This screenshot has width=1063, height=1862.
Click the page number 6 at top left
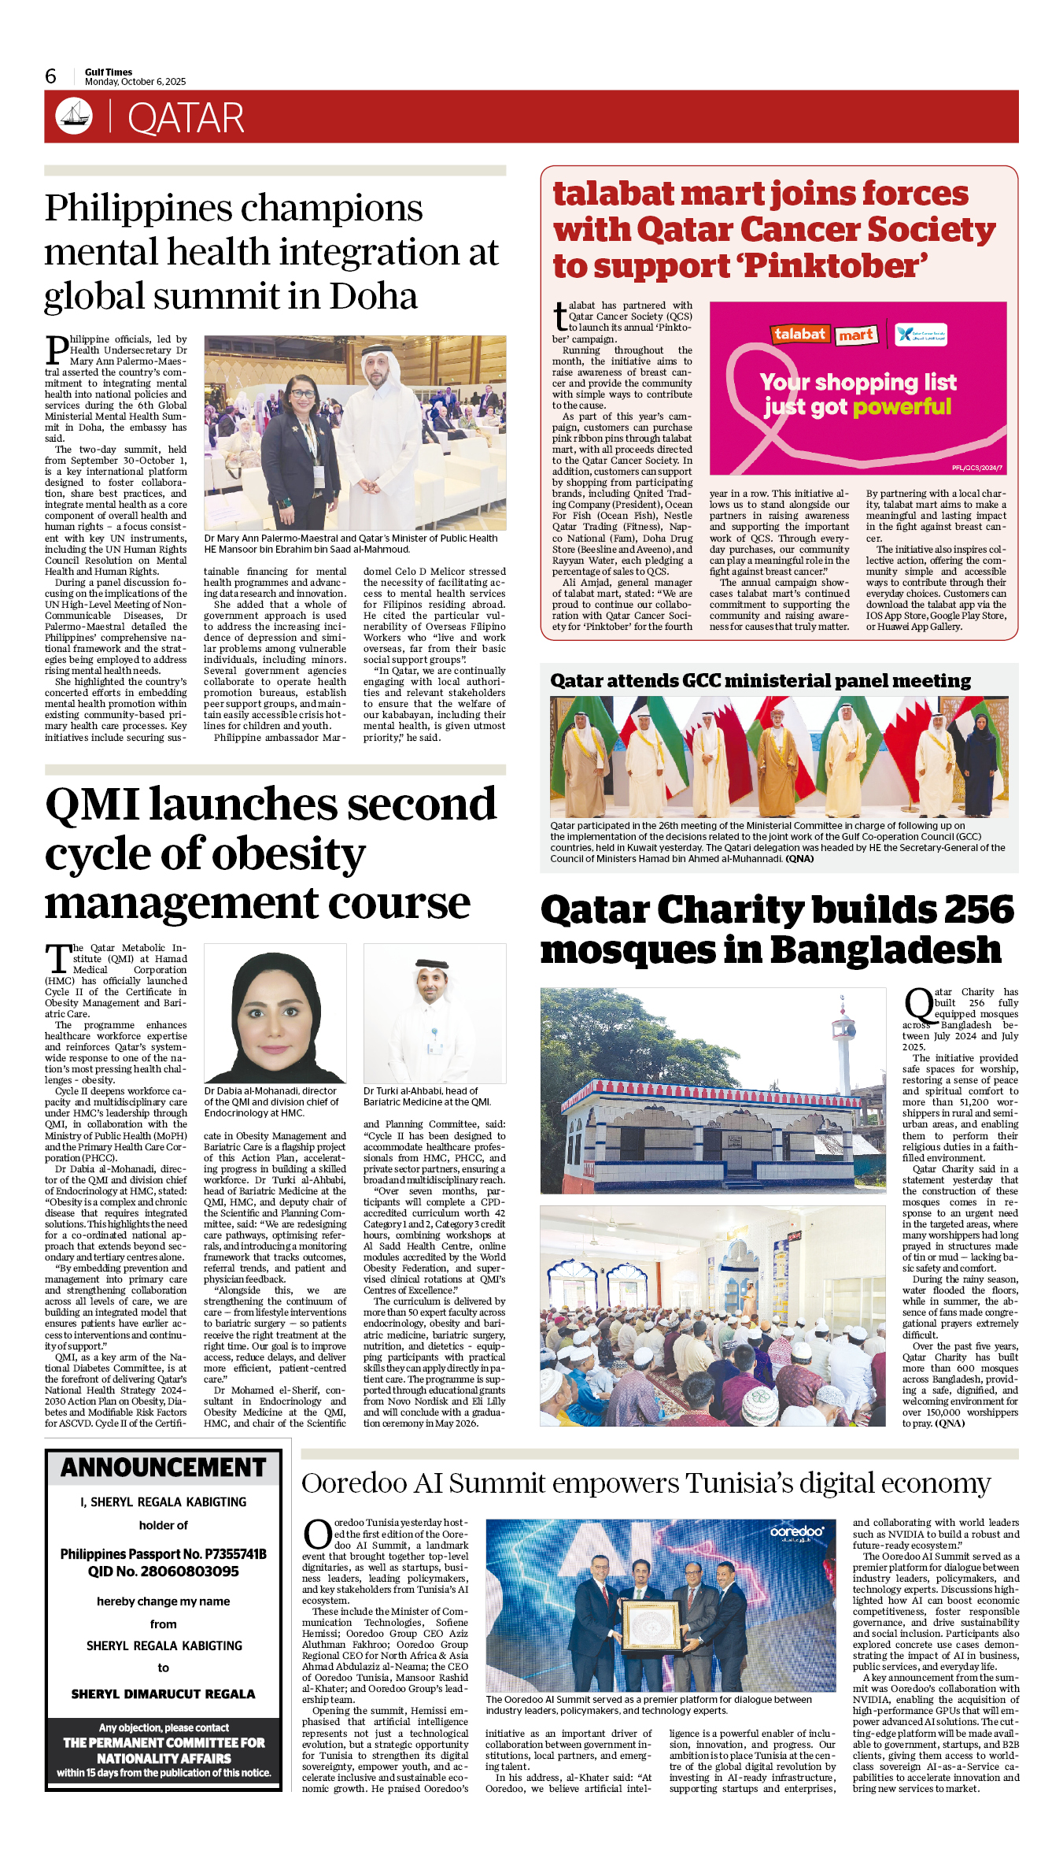(x=51, y=76)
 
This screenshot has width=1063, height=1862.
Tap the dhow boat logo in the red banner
(x=74, y=116)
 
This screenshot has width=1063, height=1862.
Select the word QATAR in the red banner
(x=186, y=119)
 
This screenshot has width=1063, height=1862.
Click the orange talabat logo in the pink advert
(x=799, y=334)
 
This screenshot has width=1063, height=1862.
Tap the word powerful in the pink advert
(x=902, y=407)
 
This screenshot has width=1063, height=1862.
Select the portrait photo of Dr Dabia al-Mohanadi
(x=275, y=1013)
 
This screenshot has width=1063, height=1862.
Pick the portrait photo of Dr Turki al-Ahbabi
(x=434, y=1013)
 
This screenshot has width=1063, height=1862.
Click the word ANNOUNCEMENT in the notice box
(x=164, y=1468)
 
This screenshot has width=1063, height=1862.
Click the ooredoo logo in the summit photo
(x=796, y=1531)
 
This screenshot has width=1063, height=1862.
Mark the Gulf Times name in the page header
(x=109, y=72)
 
